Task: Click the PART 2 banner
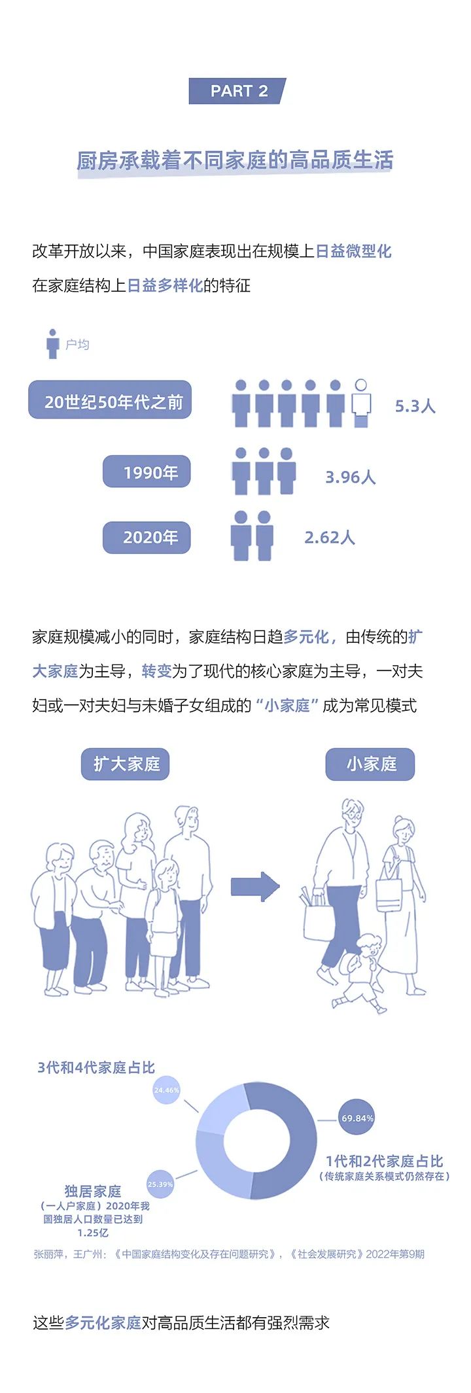click(237, 91)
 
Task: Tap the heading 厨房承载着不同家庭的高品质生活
click(235, 160)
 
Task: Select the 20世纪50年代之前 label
click(110, 400)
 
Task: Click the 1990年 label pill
click(147, 472)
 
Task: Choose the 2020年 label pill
click(147, 538)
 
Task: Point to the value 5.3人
click(415, 406)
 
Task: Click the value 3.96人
click(350, 477)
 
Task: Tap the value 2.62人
click(329, 538)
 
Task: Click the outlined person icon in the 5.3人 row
click(360, 403)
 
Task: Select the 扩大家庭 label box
click(126, 764)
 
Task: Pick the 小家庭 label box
click(370, 764)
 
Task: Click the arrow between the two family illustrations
click(255, 887)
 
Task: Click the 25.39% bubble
click(160, 1184)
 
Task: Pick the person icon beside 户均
click(52, 343)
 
